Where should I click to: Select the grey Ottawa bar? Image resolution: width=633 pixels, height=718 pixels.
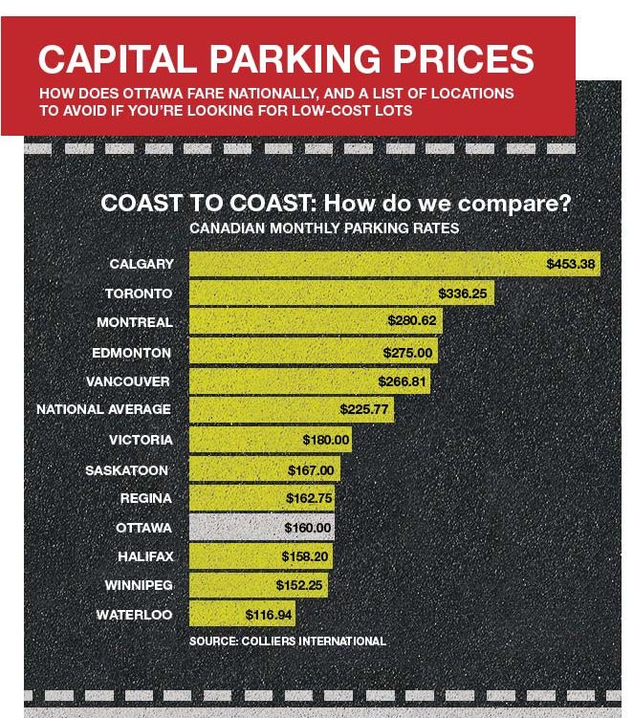[261, 527]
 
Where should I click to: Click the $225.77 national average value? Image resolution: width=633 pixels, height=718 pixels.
[364, 409]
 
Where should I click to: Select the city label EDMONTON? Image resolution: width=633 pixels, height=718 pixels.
[131, 352]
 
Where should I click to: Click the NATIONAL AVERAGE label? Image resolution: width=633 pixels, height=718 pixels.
[103, 409]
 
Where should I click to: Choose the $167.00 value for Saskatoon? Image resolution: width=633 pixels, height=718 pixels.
[311, 469]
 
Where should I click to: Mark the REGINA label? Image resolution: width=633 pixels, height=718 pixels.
[146, 498]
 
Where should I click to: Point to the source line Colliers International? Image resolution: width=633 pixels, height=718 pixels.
[288, 641]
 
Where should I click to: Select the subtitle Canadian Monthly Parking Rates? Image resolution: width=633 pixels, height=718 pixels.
[324, 228]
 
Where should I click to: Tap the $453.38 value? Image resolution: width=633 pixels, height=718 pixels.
[571, 264]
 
